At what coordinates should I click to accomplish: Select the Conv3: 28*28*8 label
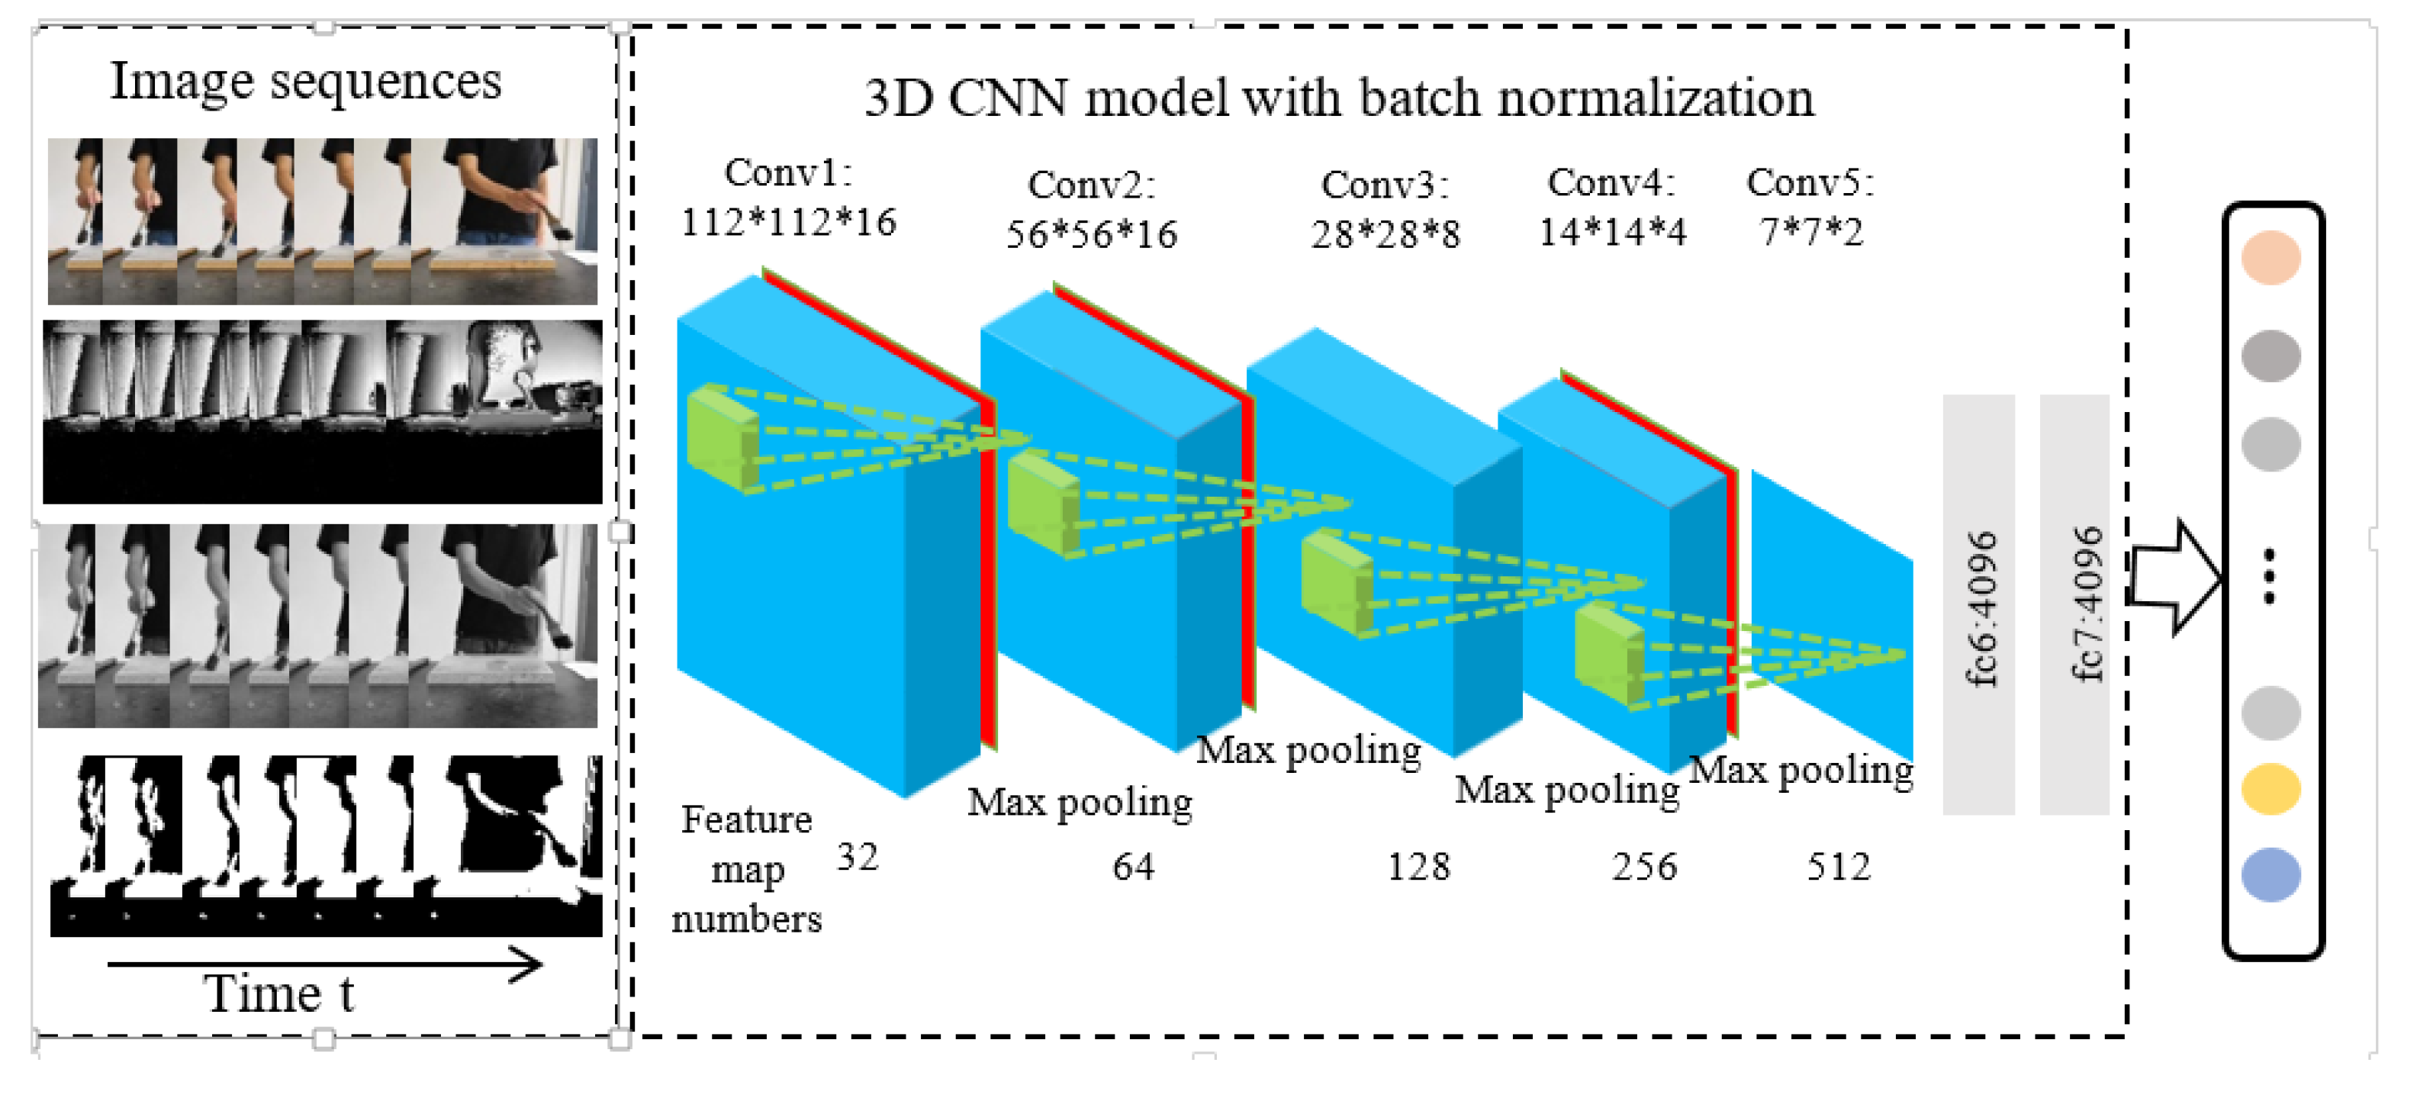1386,209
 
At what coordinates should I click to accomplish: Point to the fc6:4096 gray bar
1979,605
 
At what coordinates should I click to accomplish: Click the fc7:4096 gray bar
2074,605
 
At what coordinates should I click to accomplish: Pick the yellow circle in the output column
2271,788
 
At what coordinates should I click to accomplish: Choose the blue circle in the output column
2271,874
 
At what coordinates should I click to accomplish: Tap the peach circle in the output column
2271,257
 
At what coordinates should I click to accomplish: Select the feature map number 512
1838,866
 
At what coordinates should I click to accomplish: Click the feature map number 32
857,857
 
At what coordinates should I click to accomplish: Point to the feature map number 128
1418,866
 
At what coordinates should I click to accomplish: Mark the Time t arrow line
323,964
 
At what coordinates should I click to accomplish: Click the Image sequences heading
306,81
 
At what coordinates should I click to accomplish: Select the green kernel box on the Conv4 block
1608,653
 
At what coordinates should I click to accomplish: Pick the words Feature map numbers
747,869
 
